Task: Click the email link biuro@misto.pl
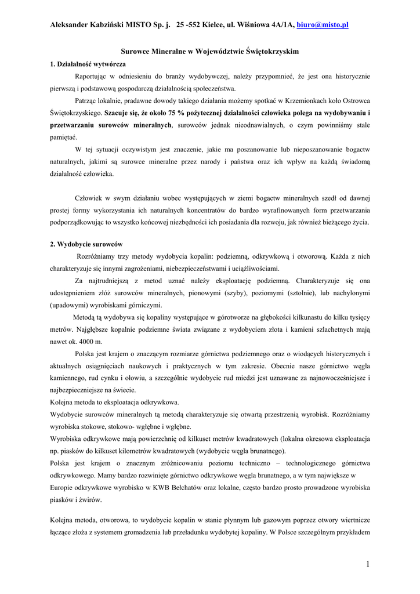pos(323,25)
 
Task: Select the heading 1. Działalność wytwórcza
pos(88,64)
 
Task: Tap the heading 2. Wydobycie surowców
pos(86,244)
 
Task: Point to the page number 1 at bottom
pos(368,564)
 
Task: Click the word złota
pos(265,329)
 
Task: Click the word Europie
pos(63,487)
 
